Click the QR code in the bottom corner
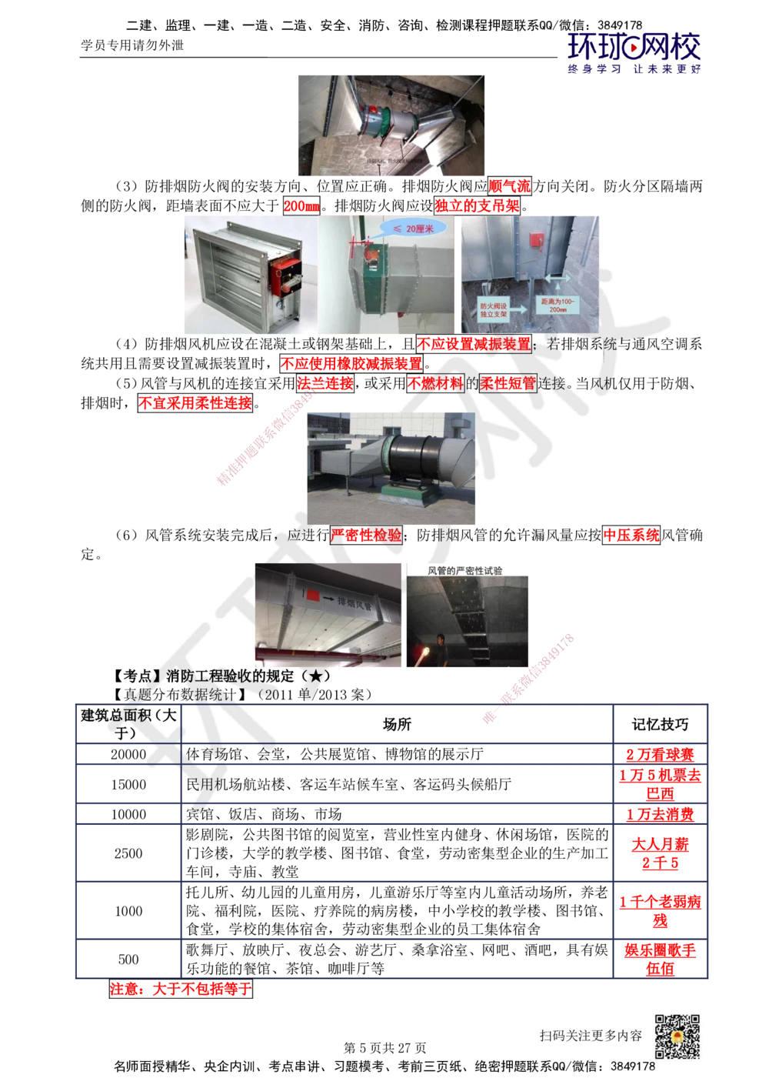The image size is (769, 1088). (676, 1036)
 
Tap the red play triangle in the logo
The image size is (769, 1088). (634, 49)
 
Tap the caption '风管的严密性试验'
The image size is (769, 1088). (465, 570)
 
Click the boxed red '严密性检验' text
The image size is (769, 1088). (366, 535)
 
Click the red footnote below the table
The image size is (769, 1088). (181, 990)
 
